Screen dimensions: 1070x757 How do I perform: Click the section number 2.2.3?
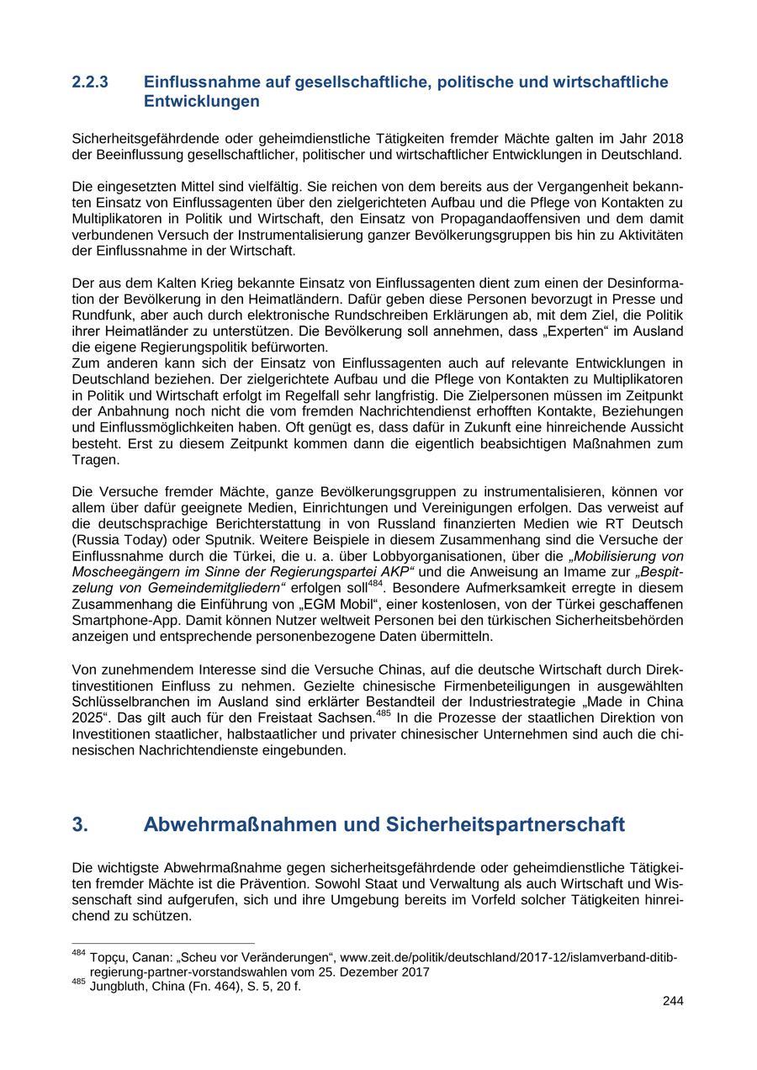click(x=90, y=82)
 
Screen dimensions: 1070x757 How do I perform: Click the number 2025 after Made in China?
click(x=89, y=718)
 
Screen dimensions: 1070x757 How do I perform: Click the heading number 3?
click(x=80, y=825)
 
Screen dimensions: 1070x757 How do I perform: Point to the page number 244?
click(x=673, y=1001)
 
